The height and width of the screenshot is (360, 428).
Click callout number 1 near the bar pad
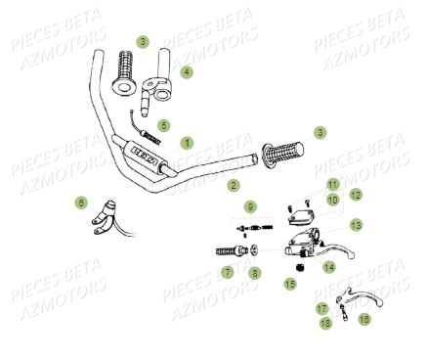187,143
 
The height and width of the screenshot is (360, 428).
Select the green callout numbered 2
233,184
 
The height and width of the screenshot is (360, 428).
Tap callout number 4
186,72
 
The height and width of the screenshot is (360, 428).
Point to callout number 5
164,125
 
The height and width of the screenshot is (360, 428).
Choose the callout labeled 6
80,203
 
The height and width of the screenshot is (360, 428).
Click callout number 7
227,273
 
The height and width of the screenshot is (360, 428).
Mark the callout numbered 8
255,273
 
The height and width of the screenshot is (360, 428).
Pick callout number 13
356,225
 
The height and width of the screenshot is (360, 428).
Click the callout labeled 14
328,265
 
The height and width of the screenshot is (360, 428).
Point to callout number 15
289,284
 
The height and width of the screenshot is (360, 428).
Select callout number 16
364,319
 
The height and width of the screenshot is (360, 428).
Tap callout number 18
325,321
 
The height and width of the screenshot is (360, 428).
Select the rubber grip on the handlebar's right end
283,154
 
